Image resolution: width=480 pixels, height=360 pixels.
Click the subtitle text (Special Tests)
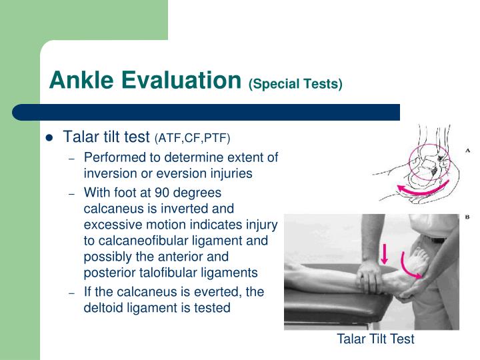point(295,84)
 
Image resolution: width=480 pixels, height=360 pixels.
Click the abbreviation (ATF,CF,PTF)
point(192,139)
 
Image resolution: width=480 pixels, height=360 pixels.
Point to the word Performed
point(114,157)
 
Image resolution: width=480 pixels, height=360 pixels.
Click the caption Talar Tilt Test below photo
point(375,339)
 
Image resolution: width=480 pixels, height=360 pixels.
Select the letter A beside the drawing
point(467,151)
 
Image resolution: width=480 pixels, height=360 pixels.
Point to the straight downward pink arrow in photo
point(385,254)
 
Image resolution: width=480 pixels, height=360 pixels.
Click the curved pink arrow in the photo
point(411,264)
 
